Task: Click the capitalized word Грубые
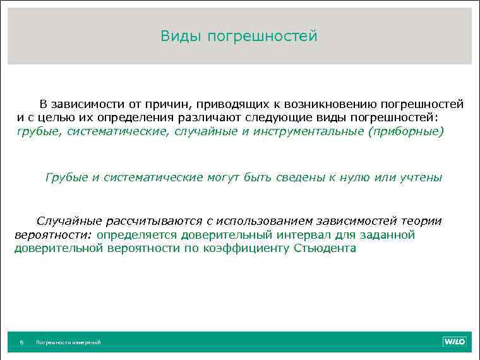click(x=67, y=177)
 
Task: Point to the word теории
click(x=419, y=221)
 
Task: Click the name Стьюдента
click(x=325, y=248)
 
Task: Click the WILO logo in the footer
click(x=453, y=342)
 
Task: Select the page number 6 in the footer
click(x=21, y=342)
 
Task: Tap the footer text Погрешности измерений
click(x=68, y=342)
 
